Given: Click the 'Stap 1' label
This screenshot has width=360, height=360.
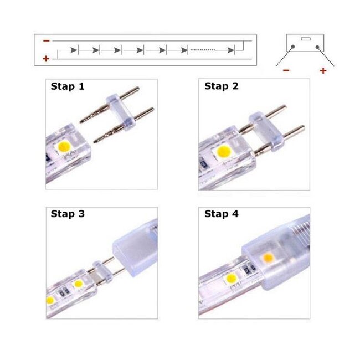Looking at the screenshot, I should (68, 86).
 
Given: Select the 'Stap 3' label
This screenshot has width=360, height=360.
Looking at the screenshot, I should (68, 214).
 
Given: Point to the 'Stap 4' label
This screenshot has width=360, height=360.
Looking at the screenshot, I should (222, 214).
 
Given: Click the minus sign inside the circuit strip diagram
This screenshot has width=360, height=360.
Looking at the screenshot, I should (45, 40).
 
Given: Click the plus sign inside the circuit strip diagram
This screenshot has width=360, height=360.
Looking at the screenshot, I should (45, 58).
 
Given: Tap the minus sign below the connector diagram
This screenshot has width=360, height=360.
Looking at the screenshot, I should (286, 70).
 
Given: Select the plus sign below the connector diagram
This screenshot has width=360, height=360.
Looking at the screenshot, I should (323, 70).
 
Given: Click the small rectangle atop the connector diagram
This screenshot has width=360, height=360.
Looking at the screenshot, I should (305, 39).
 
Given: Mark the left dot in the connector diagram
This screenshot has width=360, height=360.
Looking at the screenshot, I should (292, 47).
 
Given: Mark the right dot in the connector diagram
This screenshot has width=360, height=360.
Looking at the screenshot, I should (317, 47).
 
